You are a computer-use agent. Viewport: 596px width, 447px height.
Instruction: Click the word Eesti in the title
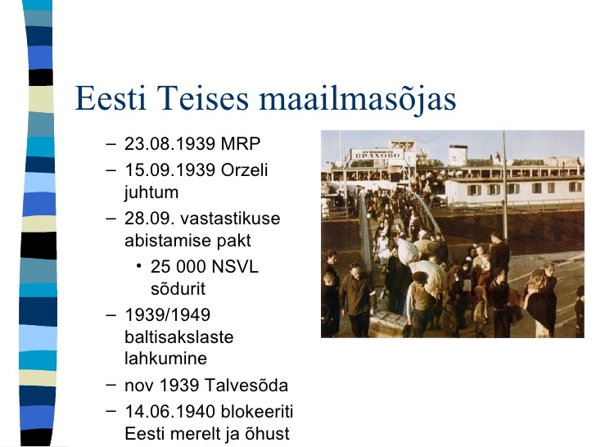tap(111, 98)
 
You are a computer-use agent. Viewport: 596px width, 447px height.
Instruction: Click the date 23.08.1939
tap(170, 144)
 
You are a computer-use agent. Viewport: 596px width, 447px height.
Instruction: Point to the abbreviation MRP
tap(241, 144)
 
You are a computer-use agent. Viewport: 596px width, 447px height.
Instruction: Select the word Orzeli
tap(245, 170)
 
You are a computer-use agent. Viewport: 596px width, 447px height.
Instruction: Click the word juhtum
tap(151, 192)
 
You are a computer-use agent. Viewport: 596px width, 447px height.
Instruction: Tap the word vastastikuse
tap(230, 219)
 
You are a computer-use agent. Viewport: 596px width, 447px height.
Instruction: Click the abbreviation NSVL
tap(235, 266)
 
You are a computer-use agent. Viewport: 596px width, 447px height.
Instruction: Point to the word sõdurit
tap(178, 288)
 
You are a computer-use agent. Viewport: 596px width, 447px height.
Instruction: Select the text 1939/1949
tap(168, 314)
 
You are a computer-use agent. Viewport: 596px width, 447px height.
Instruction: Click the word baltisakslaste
tap(179, 336)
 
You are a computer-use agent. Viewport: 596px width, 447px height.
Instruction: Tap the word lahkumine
tap(165, 358)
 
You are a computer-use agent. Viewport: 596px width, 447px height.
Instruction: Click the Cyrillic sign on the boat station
tap(377, 155)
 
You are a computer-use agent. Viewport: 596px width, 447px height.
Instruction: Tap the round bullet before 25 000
tap(139, 266)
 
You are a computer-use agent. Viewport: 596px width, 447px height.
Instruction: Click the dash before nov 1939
tap(111, 385)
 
